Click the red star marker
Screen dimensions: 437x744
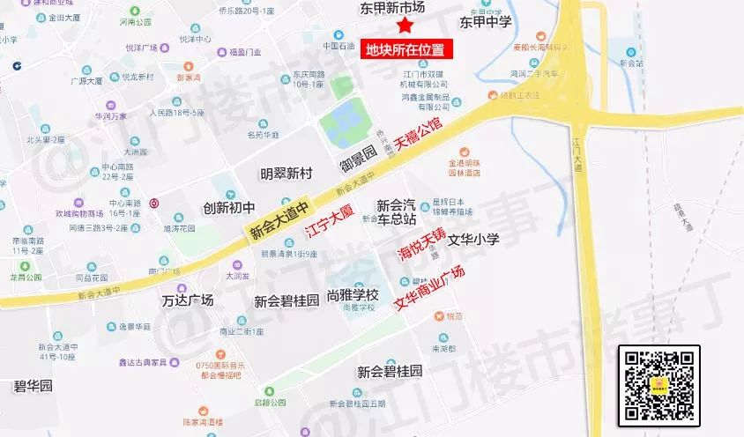(404, 26)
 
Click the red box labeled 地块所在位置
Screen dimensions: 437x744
(405, 49)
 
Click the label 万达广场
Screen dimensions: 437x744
(188, 300)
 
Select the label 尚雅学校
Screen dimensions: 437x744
(352, 295)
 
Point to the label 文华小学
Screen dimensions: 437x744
(474, 239)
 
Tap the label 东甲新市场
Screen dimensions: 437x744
(392, 7)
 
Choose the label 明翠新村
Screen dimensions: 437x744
(286, 173)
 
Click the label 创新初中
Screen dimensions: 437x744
(228, 208)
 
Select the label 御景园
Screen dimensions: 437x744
(358, 159)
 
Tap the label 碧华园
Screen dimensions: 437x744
(33, 386)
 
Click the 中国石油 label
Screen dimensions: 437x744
(339, 46)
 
